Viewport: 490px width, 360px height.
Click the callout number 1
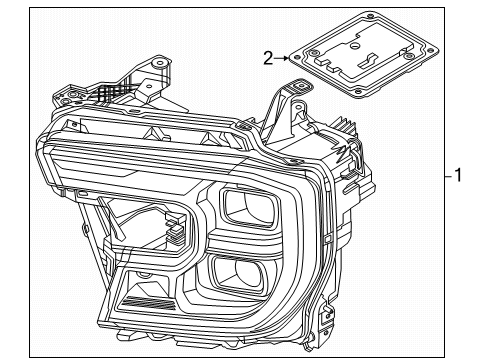pos(457,177)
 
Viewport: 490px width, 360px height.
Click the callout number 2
pos(268,58)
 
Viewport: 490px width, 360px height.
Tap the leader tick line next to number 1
pos(445,177)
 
